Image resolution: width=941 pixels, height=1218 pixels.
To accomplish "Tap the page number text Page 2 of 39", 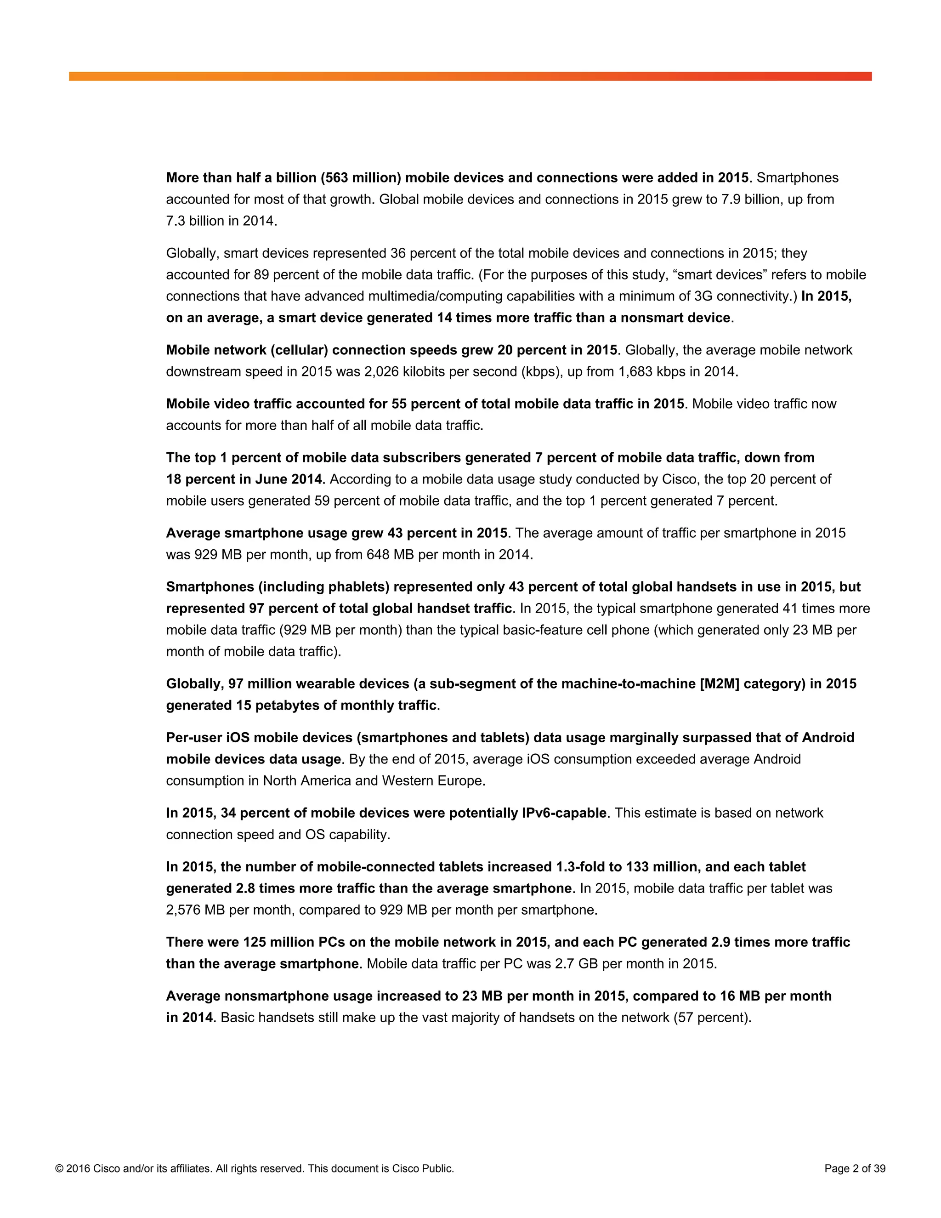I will (855, 1169).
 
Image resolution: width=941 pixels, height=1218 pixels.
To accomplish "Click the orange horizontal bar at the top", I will (470, 76).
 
